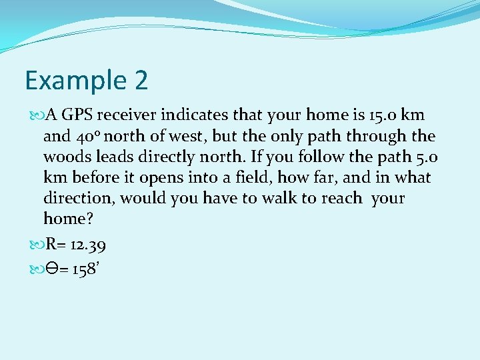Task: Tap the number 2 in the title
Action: (141, 80)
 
